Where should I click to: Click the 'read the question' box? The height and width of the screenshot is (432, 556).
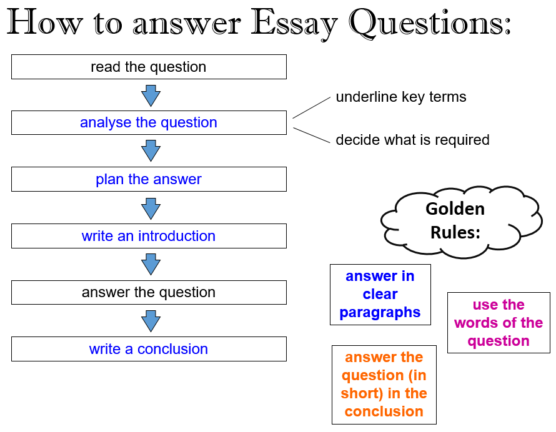[149, 67]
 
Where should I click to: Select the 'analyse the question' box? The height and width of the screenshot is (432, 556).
[149, 122]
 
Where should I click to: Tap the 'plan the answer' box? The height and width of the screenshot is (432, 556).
[149, 179]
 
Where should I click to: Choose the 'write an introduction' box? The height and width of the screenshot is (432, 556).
[149, 236]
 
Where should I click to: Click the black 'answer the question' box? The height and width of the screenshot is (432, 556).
[149, 292]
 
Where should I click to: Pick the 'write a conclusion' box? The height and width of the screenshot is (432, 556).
[149, 349]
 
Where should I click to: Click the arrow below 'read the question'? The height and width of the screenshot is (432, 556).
[151, 96]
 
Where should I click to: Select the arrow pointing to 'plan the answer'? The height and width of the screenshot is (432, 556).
[151, 151]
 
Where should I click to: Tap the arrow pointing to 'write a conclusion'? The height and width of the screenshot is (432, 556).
[151, 321]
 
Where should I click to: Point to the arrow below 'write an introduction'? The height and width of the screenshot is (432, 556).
[151, 264]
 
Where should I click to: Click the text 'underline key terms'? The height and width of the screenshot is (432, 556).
[401, 97]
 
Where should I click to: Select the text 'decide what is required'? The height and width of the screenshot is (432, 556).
[412, 140]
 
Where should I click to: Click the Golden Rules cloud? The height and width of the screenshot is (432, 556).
[461, 221]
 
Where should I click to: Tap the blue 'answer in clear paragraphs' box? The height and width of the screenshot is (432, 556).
[380, 295]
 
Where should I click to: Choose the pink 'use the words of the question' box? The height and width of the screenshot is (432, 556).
[499, 323]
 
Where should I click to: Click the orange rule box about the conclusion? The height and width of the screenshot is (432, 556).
[384, 385]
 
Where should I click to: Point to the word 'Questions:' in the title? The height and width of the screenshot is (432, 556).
[430, 22]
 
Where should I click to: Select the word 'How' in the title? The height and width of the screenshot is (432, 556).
[45, 22]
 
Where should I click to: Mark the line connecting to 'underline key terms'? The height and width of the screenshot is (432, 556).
[312, 108]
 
